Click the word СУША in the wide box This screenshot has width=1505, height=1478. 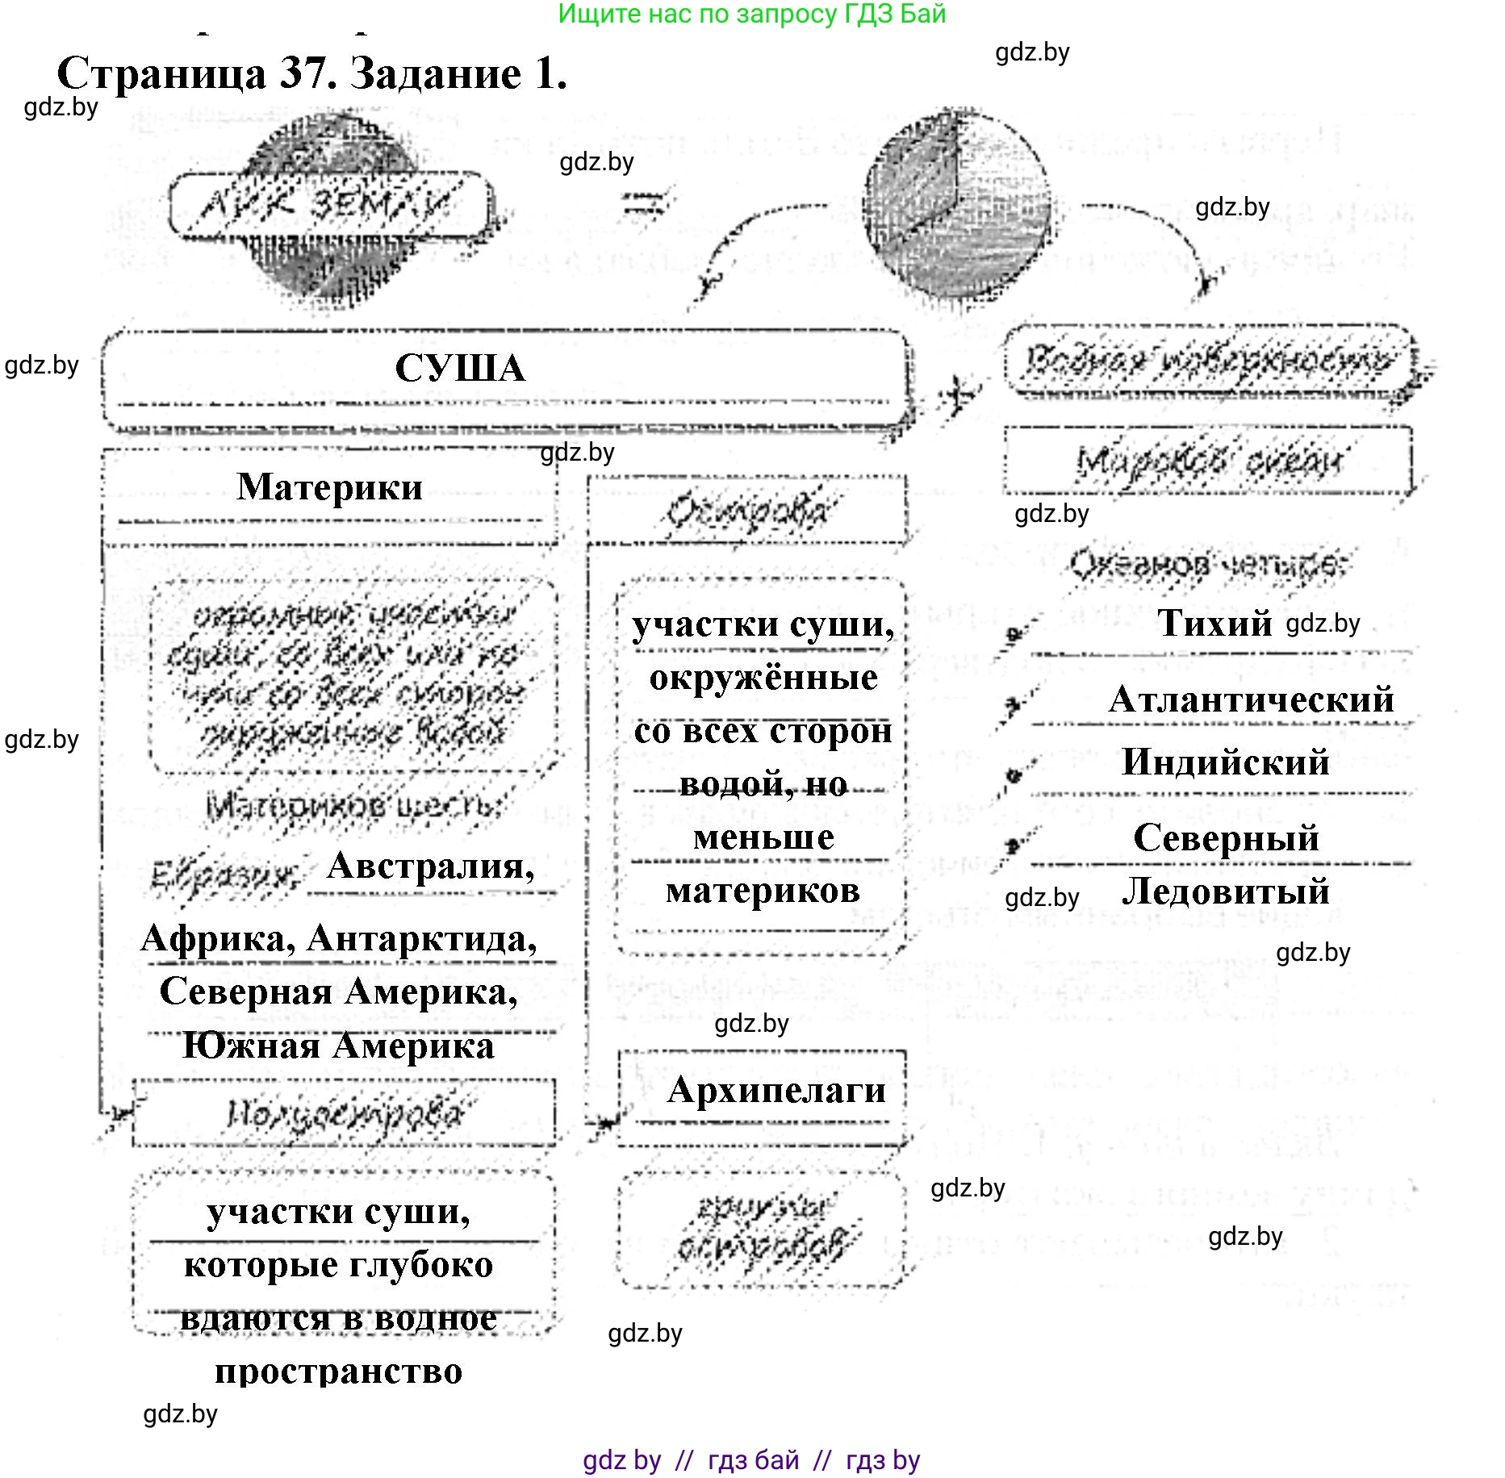(460, 369)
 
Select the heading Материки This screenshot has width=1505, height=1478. (329, 487)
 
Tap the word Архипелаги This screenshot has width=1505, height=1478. (776, 1090)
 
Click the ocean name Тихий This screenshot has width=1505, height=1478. (1214, 623)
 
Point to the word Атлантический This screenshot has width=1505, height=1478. (1251, 699)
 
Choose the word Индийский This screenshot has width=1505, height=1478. (1225, 762)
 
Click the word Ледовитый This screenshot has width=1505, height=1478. (1225, 891)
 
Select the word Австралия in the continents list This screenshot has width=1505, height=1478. (430, 866)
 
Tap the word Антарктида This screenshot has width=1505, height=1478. (422, 939)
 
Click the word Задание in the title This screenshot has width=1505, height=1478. (436, 74)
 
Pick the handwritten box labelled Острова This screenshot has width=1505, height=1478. (747, 511)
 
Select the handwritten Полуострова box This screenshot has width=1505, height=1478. (344, 1113)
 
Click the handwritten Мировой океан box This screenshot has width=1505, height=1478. (1208, 461)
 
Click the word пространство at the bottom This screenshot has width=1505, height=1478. (338, 1372)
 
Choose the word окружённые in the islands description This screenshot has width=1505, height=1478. (763, 678)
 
